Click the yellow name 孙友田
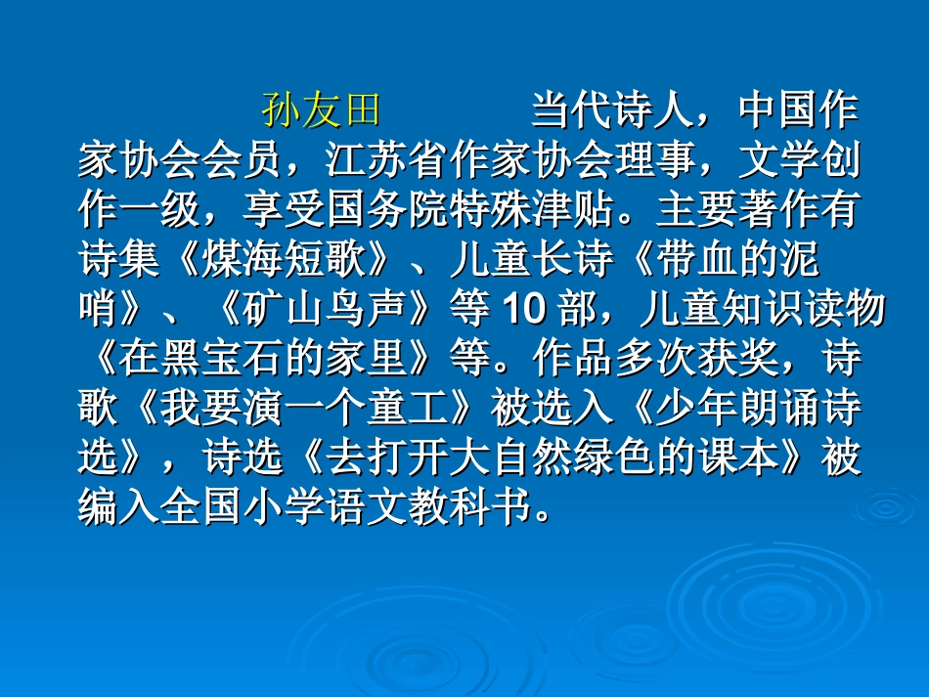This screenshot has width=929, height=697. coord(320,111)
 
